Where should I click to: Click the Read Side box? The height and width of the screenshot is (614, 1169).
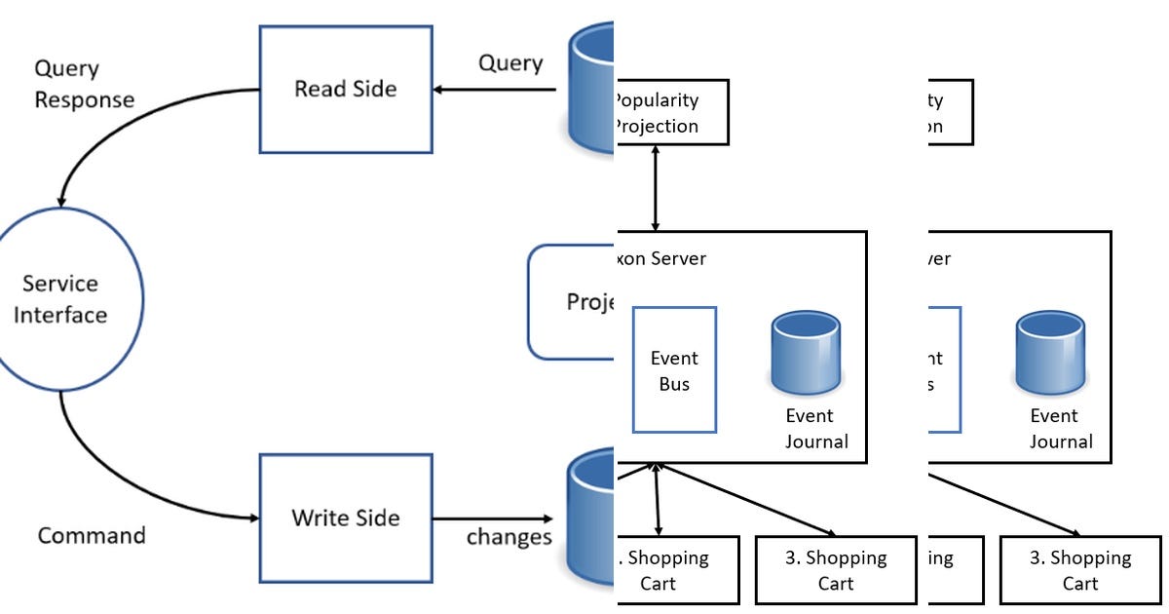345,89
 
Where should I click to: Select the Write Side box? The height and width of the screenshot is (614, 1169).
345,518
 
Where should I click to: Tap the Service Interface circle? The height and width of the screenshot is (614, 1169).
61,298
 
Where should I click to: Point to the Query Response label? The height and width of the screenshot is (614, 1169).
85,85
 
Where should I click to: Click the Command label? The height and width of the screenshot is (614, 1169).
92,535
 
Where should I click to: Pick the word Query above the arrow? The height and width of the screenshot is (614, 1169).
509,63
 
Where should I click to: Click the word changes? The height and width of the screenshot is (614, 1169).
509,536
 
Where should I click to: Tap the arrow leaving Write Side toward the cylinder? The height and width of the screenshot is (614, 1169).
492,518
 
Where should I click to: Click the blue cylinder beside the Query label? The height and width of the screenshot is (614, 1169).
590,88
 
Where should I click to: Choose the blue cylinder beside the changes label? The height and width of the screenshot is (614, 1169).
590,517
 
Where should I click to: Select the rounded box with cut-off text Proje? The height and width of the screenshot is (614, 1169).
571,301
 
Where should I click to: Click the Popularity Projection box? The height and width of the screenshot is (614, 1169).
671,113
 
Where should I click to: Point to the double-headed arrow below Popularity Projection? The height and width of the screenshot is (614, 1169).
657,188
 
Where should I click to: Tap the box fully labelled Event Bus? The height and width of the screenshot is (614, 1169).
674,370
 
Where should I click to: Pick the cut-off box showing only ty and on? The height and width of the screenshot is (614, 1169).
950,113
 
